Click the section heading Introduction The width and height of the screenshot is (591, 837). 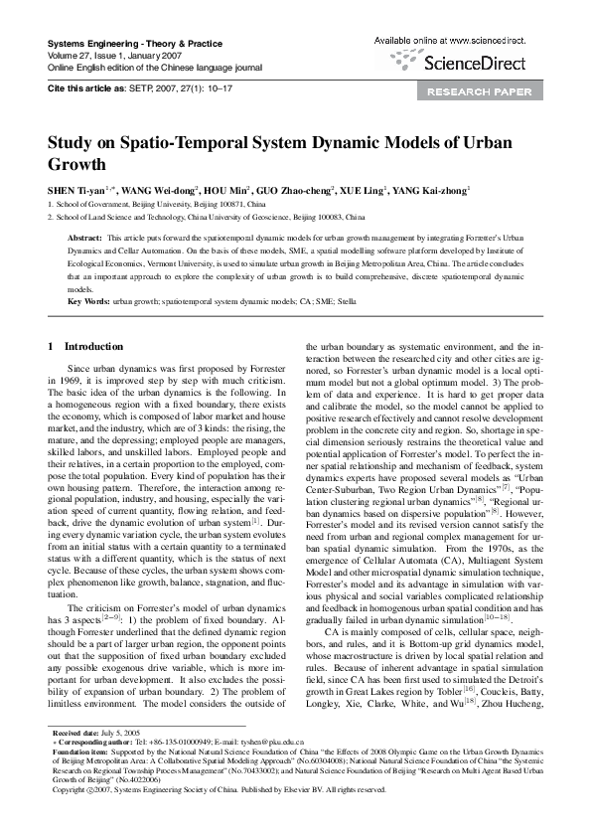click(93, 346)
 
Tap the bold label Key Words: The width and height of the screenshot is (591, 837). click(87, 300)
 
